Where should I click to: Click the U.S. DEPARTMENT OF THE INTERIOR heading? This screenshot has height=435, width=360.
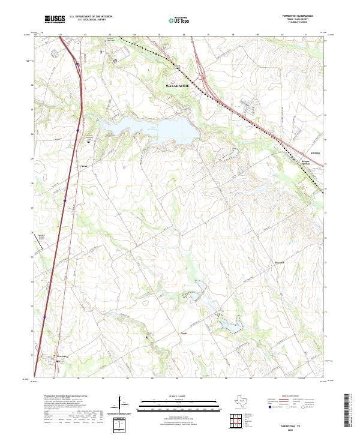[x=91, y=17]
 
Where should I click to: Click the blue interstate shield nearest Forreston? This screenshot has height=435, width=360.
[x=45, y=317]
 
